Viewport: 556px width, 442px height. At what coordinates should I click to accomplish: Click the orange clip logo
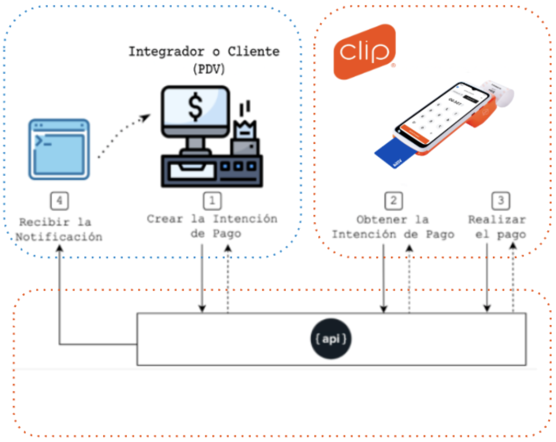(365, 52)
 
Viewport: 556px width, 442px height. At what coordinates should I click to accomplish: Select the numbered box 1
(212, 201)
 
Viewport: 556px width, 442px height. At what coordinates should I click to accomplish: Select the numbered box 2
(393, 201)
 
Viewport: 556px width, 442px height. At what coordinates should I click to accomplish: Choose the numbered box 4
(59, 201)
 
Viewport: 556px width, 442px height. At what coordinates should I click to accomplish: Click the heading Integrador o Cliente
(204, 51)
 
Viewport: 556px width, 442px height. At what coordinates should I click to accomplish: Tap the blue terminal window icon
(59, 149)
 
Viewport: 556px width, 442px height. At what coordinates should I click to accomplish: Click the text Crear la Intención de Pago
(212, 226)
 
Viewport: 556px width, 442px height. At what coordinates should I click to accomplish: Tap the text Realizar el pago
(497, 227)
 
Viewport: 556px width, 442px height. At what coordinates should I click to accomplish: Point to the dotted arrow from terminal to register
(124, 137)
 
